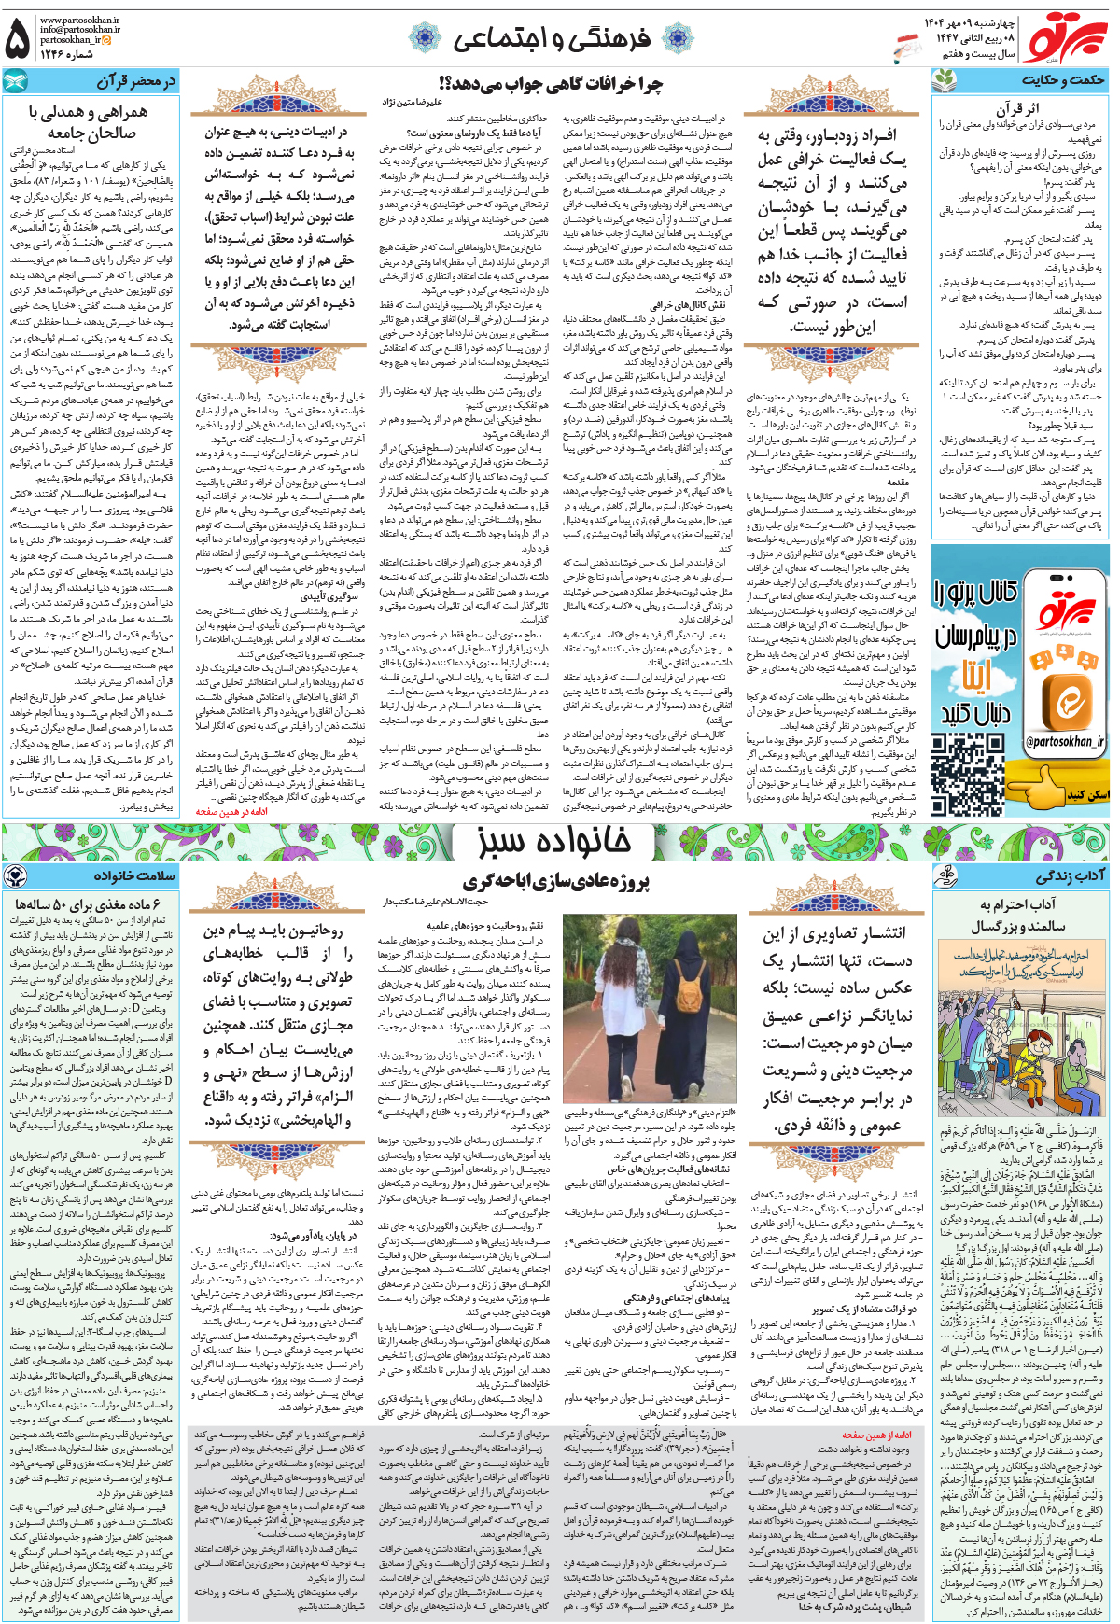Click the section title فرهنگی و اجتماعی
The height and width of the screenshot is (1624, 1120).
point(551,38)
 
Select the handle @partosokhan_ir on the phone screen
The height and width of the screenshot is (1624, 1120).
point(1064,741)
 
